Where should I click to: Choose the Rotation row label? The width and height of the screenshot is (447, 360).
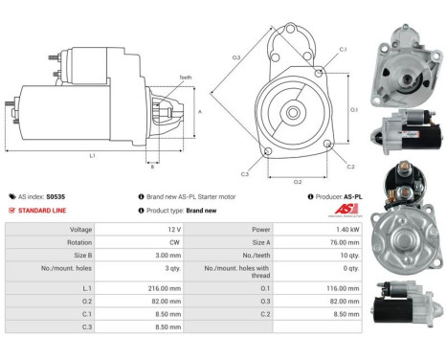(x=80, y=243)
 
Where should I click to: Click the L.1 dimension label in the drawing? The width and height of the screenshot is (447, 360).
(x=92, y=155)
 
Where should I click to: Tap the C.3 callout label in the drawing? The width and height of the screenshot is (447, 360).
(x=245, y=173)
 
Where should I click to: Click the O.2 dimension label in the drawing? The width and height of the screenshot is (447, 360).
(x=297, y=180)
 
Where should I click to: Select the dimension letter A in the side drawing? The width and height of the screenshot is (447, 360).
(x=199, y=111)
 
